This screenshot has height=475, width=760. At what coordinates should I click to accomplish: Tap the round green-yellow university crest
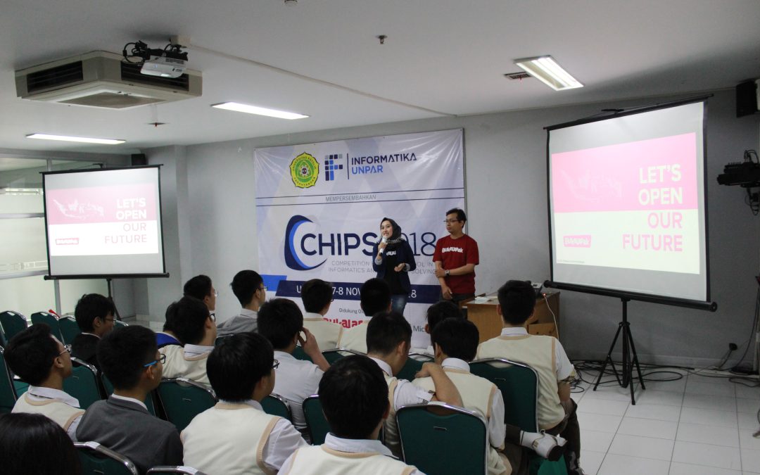click(305, 170)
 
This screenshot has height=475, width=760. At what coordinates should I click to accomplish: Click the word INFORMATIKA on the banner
click(383, 158)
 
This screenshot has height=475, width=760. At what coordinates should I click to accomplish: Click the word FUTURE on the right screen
click(652, 243)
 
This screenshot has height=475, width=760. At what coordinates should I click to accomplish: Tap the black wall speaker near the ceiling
click(746, 99)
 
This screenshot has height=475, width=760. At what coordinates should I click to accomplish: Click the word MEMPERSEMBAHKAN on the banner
click(359, 198)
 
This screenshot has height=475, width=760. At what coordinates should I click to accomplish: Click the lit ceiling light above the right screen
click(548, 72)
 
